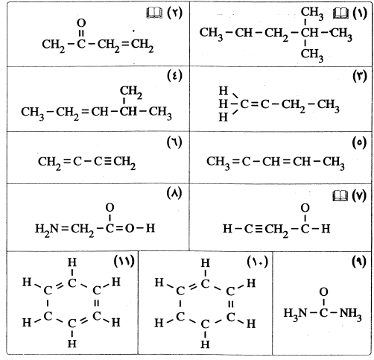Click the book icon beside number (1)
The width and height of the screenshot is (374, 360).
pyautogui.click(x=340, y=13)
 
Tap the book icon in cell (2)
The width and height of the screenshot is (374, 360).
pyautogui.click(x=154, y=13)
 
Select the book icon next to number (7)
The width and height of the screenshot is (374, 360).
pyautogui.click(x=340, y=196)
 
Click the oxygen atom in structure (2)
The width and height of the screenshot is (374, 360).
pyautogui.click(x=81, y=23)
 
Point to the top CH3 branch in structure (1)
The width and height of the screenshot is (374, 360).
pyautogui.click(x=312, y=13)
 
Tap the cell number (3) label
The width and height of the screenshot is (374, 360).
pyautogui.click(x=360, y=76)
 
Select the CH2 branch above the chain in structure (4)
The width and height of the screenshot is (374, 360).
pyautogui.click(x=131, y=92)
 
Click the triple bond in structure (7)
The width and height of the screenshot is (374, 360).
pyautogui.click(x=259, y=229)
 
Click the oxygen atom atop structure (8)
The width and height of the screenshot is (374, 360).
pyautogui.click(x=110, y=207)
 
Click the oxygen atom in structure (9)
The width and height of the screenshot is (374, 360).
pyautogui.click(x=323, y=292)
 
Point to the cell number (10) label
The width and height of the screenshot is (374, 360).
pyautogui.click(x=258, y=262)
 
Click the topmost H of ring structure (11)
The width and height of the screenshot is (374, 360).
pyautogui.click(x=72, y=262)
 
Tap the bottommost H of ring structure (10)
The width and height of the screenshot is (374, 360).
pyautogui.click(x=205, y=344)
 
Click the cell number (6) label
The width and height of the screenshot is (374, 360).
pyautogui.click(x=174, y=142)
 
